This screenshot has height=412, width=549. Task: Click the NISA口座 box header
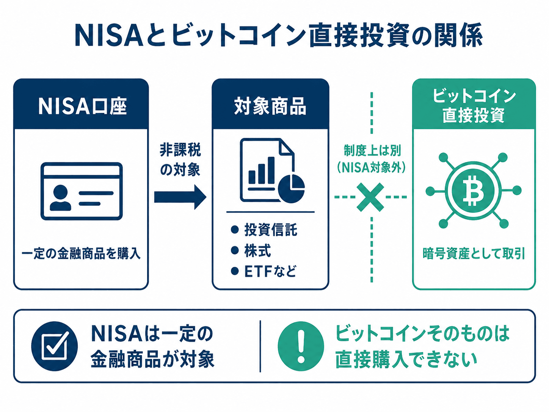(x=81, y=104)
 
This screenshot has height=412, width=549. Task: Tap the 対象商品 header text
(x=270, y=106)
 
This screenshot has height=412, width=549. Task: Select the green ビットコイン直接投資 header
(x=474, y=104)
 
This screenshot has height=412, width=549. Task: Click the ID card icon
(x=82, y=191)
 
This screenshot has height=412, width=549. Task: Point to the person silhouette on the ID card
(x=60, y=198)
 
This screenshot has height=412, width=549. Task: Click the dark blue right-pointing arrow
(x=180, y=197)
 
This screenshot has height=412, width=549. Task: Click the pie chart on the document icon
(x=292, y=189)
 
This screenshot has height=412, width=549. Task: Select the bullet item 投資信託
(x=264, y=230)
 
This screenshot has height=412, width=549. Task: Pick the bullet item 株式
(x=251, y=250)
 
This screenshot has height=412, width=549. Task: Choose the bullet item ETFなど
(x=264, y=271)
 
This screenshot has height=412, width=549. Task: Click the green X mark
(x=370, y=197)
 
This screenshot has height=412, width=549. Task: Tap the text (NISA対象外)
(x=372, y=168)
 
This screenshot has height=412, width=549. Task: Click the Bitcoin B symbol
(x=473, y=190)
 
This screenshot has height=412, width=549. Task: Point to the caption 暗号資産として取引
(x=474, y=254)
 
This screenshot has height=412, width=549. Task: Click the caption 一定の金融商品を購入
(x=81, y=254)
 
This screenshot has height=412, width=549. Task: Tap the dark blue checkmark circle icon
(x=55, y=346)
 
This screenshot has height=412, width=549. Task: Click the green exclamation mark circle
(x=301, y=346)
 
